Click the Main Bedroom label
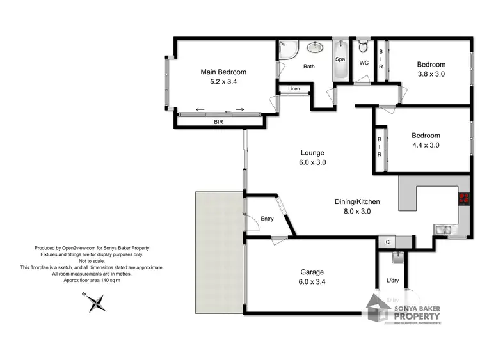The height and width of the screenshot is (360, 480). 223,72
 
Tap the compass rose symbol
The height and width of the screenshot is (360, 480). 97,302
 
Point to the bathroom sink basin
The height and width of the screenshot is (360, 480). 315,47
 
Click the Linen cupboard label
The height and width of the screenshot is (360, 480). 294,88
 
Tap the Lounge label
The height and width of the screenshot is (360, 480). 313,153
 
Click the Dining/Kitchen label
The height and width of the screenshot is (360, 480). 353,201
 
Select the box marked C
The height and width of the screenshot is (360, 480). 387,242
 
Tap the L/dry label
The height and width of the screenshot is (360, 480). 392,281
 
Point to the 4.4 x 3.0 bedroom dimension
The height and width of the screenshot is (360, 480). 426,145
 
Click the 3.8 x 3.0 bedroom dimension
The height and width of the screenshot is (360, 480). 431,74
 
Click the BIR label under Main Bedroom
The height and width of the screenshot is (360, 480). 218,121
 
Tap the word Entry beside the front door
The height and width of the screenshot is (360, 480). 267,219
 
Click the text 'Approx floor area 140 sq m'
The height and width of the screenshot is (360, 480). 92,279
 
